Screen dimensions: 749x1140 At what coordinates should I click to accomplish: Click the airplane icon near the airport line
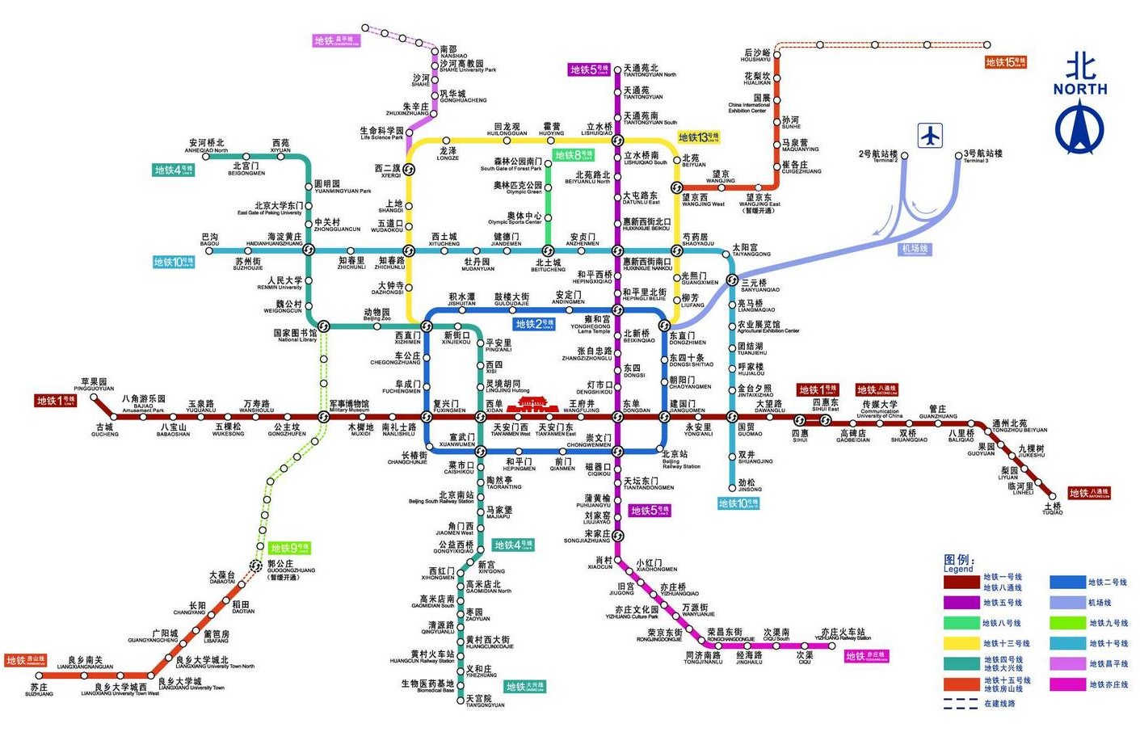tap(931, 135)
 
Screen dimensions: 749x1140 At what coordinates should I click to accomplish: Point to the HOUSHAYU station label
tap(756, 56)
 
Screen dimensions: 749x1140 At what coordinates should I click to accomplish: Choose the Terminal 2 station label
tap(878, 156)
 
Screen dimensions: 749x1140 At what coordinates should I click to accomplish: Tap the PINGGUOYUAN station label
tap(94, 385)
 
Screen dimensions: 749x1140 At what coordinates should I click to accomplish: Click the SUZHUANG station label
tap(39, 690)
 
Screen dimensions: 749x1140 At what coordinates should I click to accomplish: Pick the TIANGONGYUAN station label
tap(484, 701)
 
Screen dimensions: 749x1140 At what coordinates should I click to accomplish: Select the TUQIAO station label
tap(1052, 509)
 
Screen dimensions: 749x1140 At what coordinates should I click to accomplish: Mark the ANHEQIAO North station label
tap(206, 146)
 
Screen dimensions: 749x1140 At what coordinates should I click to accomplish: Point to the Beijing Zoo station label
tap(376, 314)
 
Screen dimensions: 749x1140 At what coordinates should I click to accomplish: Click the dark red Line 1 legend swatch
tap(961, 582)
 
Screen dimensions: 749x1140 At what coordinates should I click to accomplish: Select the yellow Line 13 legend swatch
tap(961, 643)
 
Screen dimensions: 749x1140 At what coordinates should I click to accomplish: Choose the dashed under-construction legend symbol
tap(961, 704)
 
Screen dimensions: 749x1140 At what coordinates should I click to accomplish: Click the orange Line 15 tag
tap(1005, 62)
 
